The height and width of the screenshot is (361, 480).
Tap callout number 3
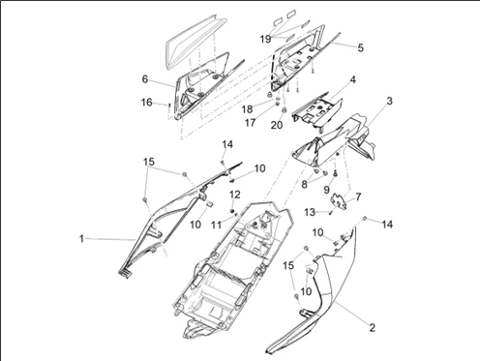click(389, 101)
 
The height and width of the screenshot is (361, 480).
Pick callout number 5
click(360, 46)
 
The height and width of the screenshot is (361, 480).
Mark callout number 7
click(359, 197)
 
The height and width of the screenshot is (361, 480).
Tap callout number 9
click(327, 190)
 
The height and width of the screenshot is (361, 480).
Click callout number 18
click(248, 108)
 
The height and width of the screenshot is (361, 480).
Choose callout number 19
click(265, 39)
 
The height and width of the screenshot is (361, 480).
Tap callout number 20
click(278, 124)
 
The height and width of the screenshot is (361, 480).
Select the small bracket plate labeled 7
click(341, 204)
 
